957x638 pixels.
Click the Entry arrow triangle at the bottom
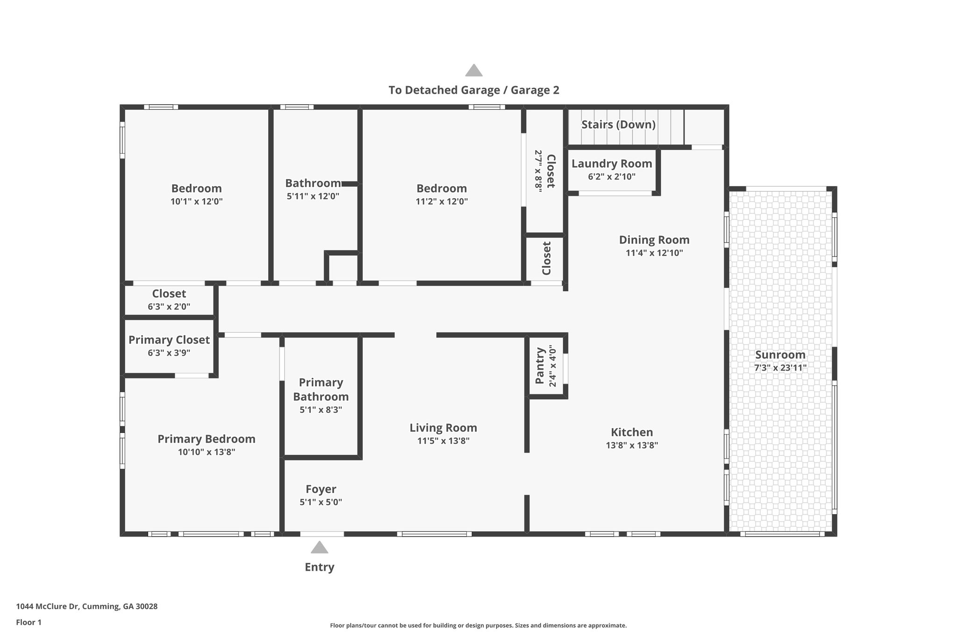[x=320, y=547]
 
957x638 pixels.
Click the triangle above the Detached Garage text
[x=474, y=70]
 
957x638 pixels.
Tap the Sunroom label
[x=780, y=355]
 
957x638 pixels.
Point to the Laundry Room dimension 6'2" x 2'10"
[x=612, y=177]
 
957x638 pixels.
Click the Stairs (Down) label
[x=618, y=124]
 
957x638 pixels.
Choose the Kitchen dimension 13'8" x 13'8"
[x=632, y=445]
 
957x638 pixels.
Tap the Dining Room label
[x=654, y=240]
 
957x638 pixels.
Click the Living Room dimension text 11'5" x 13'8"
[x=443, y=441]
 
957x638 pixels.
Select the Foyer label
[x=321, y=489]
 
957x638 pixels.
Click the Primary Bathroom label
[x=321, y=389]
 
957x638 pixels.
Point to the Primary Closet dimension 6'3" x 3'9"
[x=169, y=353]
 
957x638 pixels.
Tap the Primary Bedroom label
[x=207, y=439]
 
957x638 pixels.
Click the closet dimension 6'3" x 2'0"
[x=169, y=307]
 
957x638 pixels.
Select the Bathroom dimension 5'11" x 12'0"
[x=313, y=196]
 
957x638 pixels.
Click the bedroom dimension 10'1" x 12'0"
[x=197, y=201]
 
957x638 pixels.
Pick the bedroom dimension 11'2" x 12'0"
[x=442, y=201]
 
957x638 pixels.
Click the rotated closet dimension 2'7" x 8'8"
[x=538, y=171]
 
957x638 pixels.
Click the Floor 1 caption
[x=29, y=623]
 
